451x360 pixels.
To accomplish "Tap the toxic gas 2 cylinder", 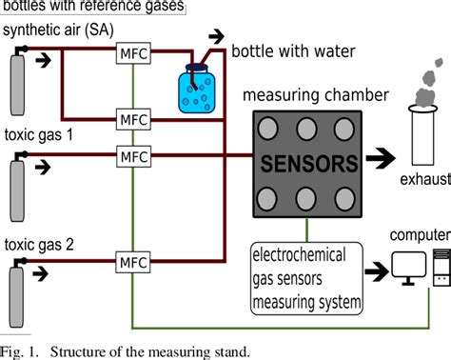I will pos(16,277).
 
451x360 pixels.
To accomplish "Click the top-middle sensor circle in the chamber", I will pos(305,127).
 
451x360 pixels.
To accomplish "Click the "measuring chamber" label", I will pos(313,95).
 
